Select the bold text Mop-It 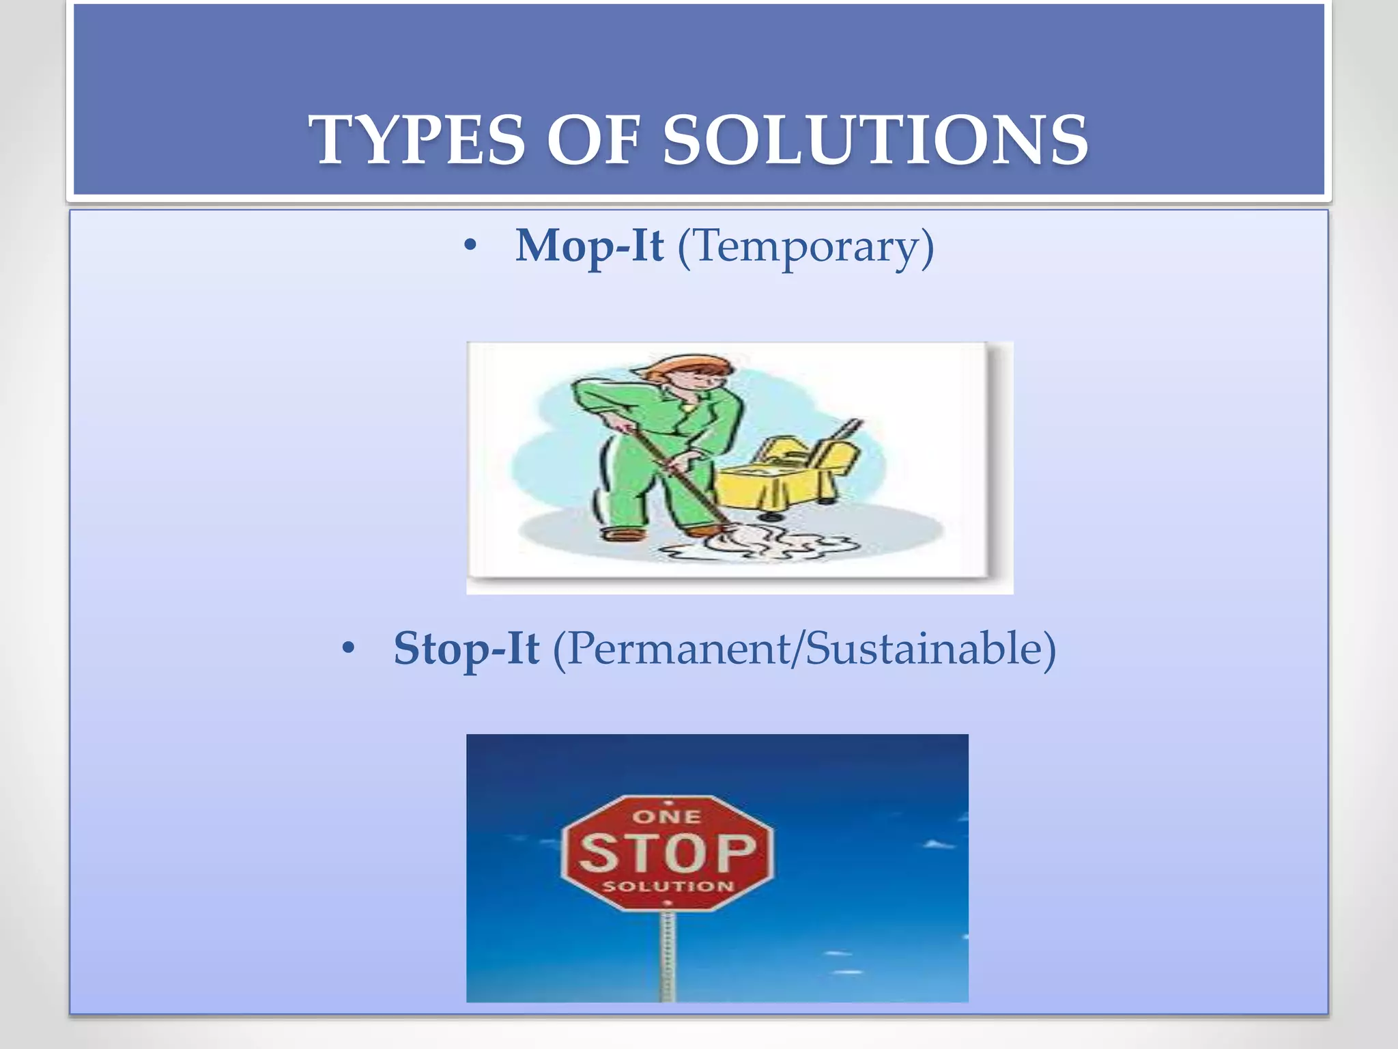point(588,246)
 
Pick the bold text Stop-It point(466,648)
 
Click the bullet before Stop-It point(348,648)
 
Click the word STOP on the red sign point(668,852)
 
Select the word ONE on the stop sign point(667,817)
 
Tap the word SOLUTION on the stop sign point(668,886)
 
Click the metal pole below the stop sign point(668,956)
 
